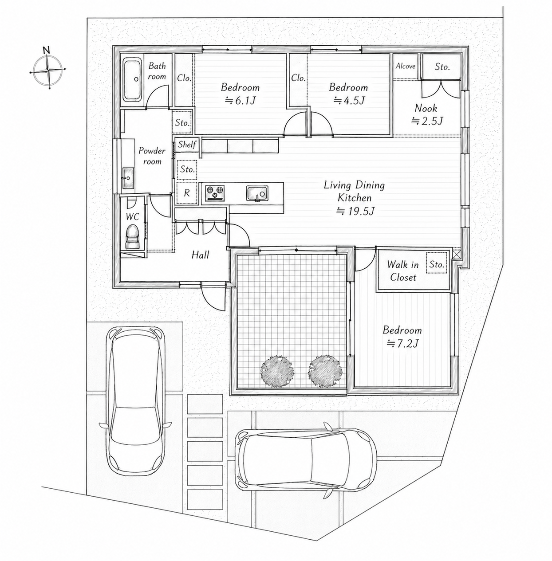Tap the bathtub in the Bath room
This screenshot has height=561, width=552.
coord(133,79)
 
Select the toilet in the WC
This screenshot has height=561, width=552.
coord(132,236)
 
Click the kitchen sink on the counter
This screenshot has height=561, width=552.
coord(257,193)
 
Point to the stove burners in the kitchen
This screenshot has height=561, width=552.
coord(215,193)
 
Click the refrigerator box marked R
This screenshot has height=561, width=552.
coord(187,193)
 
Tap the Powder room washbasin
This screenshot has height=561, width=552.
coord(128,177)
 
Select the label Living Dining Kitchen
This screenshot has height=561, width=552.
coord(354,191)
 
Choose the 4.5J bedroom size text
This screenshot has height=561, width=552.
coord(349,101)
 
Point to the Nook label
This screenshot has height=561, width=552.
coord(426,108)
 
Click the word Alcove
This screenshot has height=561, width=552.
coord(405,66)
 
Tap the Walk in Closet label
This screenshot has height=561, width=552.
coord(403,271)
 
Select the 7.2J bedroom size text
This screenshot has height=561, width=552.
coord(402,344)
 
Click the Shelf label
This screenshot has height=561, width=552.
coord(187,144)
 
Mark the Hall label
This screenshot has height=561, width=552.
coord(201,255)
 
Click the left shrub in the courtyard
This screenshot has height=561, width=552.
coord(277,371)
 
